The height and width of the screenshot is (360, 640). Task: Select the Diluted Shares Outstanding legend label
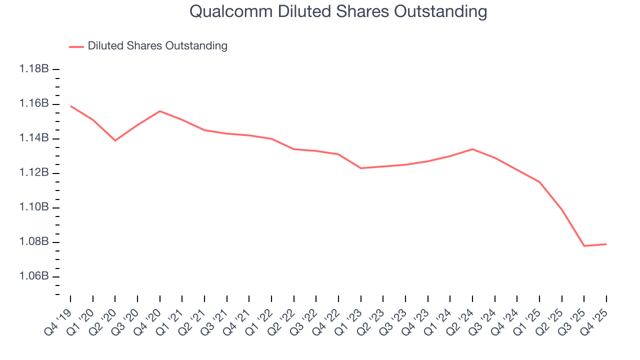click(x=157, y=46)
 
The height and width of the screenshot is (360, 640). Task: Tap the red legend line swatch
click(x=76, y=46)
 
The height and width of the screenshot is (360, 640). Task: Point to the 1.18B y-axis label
click(x=34, y=69)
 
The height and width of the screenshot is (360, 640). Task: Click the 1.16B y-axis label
click(x=34, y=104)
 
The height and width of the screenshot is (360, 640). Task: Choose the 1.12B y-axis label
click(x=34, y=173)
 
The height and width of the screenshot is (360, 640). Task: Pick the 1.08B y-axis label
click(x=34, y=242)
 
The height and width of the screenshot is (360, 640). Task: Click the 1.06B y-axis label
click(x=34, y=276)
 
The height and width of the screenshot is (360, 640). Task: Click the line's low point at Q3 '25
click(x=584, y=246)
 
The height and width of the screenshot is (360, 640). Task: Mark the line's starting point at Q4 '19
click(x=70, y=106)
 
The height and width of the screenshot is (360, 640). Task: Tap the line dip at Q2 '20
click(x=115, y=140)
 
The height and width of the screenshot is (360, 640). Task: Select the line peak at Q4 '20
click(x=159, y=111)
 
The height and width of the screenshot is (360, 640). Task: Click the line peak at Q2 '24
click(x=472, y=149)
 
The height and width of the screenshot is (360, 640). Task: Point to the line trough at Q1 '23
click(x=360, y=168)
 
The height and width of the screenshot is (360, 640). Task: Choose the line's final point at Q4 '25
click(x=606, y=244)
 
